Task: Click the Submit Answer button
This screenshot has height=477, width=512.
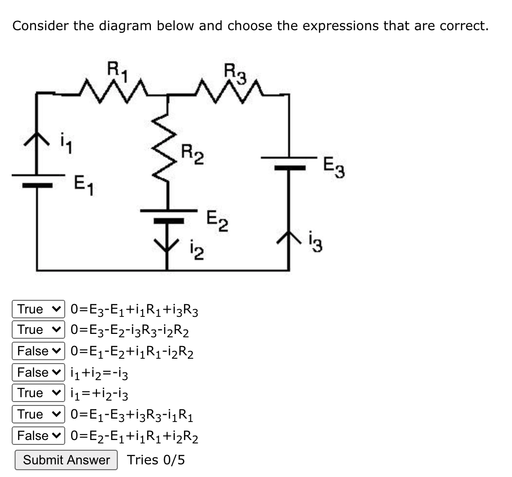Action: [x=66, y=460]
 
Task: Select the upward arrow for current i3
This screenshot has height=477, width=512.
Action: [x=289, y=239]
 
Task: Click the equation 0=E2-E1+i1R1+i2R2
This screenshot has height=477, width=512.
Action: [x=134, y=436]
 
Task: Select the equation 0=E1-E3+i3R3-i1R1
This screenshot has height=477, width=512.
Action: [x=134, y=414]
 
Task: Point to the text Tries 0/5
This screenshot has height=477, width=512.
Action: [x=156, y=460]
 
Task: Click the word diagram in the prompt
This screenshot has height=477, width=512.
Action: [x=127, y=25]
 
